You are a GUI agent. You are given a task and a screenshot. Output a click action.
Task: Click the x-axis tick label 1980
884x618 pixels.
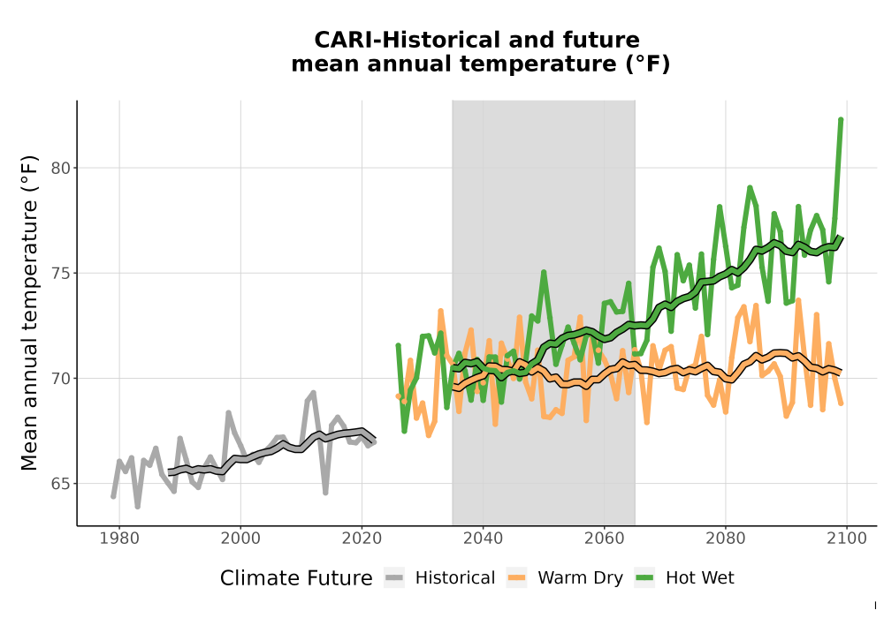coord(119,539)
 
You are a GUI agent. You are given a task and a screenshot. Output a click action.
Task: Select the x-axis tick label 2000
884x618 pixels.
coord(240,539)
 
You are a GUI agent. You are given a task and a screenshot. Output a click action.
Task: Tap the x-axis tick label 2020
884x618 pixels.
coord(362,539)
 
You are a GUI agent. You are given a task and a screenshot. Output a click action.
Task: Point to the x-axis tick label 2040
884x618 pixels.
coord(484,539)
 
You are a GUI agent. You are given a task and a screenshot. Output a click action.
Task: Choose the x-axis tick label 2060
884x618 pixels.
coord(605,539)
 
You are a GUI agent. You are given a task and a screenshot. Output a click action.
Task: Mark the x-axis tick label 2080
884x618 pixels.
coord(726,539)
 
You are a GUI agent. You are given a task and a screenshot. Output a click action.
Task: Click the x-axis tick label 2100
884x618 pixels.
coord(847,539)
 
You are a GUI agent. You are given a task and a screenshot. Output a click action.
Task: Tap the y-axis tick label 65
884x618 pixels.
coord(61,484)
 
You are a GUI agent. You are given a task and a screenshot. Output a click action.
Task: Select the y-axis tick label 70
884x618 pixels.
coord(61,379)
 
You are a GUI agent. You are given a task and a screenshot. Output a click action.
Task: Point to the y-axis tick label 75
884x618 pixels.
coord(61,274)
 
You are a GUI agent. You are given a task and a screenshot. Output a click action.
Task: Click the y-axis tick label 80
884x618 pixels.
coord(61,169)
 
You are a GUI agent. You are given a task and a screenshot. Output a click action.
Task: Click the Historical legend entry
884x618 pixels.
coord(439,578)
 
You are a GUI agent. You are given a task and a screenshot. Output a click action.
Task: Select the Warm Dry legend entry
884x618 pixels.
coord(564,578)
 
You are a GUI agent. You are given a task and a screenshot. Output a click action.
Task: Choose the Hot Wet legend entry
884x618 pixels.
coord(684,578)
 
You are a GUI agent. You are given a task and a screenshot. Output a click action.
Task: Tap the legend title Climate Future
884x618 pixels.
coord(296,578)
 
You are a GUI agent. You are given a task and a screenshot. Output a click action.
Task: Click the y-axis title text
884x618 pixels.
coord(29,313)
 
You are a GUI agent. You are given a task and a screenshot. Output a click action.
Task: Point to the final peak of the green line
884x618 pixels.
coord(841,119)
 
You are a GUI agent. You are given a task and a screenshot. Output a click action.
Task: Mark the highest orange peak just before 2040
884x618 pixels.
coord(440,311)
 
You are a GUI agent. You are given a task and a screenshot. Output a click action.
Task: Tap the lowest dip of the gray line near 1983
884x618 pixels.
coord(138,506)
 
